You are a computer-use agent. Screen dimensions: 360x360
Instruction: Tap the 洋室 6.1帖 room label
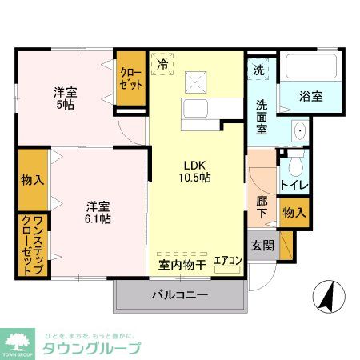point(98,211)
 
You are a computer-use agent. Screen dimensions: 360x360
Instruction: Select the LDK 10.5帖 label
point(194,170)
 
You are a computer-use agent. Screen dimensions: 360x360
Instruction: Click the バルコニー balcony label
point(180,294)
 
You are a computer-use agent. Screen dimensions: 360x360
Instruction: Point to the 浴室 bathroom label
point(310,97)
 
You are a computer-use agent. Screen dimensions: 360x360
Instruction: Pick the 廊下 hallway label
point(262,207)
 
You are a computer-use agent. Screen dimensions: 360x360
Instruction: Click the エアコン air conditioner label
point(228,261)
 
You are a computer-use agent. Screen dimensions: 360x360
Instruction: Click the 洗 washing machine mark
point(259,70)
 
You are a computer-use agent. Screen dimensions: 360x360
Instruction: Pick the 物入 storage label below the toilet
point(294,213)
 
